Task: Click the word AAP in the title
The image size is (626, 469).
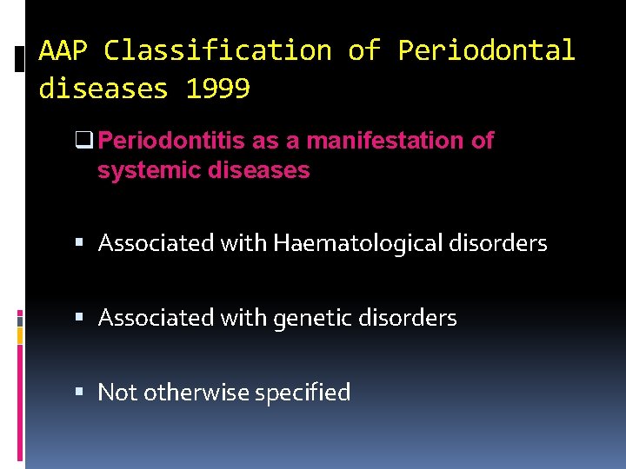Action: click(63, 50)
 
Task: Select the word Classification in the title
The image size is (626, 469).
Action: click(217, 50)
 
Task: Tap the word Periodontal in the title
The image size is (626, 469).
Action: click(486, 50)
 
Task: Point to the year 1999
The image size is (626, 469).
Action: click(218, 89)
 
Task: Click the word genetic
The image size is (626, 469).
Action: click(311, 319)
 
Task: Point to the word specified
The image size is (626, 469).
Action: click(303, 393)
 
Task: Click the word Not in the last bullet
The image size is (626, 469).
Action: click(117, 393)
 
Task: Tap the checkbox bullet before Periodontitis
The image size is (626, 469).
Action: click(90, 141)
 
